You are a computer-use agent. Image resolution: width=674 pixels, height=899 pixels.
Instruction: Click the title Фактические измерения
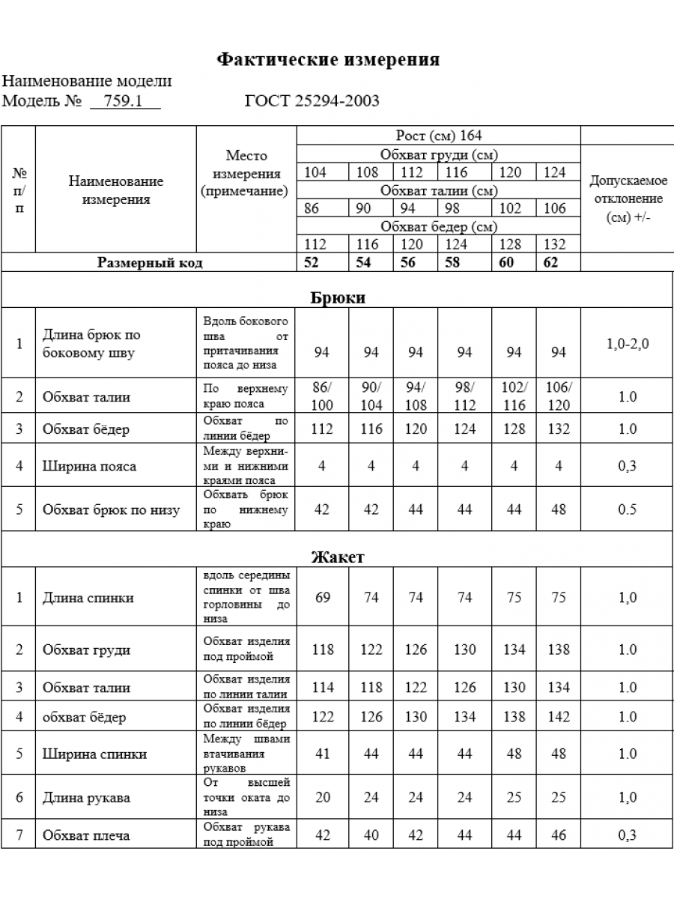tap(328, 60)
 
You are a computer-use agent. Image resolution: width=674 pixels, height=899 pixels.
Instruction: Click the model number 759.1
tap(124, 101)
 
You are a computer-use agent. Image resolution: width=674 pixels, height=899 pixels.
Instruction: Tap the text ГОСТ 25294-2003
tap(312, 101)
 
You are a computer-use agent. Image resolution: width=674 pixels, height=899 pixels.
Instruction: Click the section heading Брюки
tap(338, 297)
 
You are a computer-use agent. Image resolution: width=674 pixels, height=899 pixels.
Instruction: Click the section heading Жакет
tap(338, 557)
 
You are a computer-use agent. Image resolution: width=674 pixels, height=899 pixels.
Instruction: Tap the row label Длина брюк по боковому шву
tap(92, 343)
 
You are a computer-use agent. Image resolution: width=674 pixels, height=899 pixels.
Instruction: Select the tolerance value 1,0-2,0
tap(628, 344)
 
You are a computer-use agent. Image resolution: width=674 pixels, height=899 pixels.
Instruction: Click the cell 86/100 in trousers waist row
tap(323, 396)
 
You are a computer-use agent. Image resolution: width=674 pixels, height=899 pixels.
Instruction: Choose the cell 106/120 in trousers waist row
tap(559, 396)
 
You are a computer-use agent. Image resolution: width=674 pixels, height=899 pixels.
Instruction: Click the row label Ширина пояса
tap(90, 466)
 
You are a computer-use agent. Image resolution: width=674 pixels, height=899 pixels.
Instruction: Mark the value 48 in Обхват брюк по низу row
tap(559, 509)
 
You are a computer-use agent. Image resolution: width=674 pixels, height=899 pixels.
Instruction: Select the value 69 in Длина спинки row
tap(323, 597)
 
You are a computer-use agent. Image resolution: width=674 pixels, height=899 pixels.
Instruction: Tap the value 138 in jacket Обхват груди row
tap(559, 650)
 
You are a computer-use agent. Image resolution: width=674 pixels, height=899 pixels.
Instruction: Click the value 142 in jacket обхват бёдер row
tap(559, 717)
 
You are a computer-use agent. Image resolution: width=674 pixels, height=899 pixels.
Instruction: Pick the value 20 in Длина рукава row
tap(323, 797)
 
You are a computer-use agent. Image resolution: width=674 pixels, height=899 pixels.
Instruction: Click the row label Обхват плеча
tap(86, 835)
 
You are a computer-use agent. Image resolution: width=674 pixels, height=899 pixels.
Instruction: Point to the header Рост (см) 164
tap(439, 136)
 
